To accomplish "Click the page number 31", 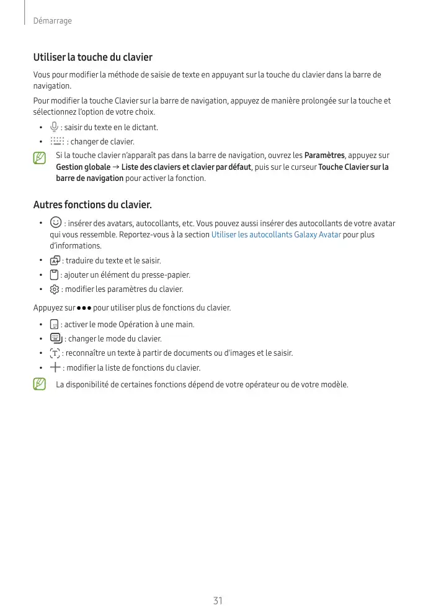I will click(x=218, y=601).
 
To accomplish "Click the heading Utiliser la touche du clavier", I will click(x=92, y=57).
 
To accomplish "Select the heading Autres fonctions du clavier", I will click(x=92, y=205).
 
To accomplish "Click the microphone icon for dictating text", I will click(x=55, y=127).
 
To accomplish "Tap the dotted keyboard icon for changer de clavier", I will click(x=57, y=141).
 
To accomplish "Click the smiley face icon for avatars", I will click(x=56, y=222).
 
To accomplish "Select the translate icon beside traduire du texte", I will click(x=55, y=260).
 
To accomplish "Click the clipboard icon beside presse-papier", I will click(x=54, y=275).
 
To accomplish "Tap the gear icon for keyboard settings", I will click(x=55, y=289).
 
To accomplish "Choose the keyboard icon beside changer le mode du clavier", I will click(x=56, y=338).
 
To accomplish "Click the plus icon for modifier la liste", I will click(x=55, y=367).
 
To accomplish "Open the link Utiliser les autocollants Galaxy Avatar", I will click(x=276, y=235).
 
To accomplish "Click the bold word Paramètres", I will click(x=324, y=156).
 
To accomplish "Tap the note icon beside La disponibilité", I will click(x=39, y=385).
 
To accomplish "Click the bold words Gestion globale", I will click(x=83, y=167).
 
